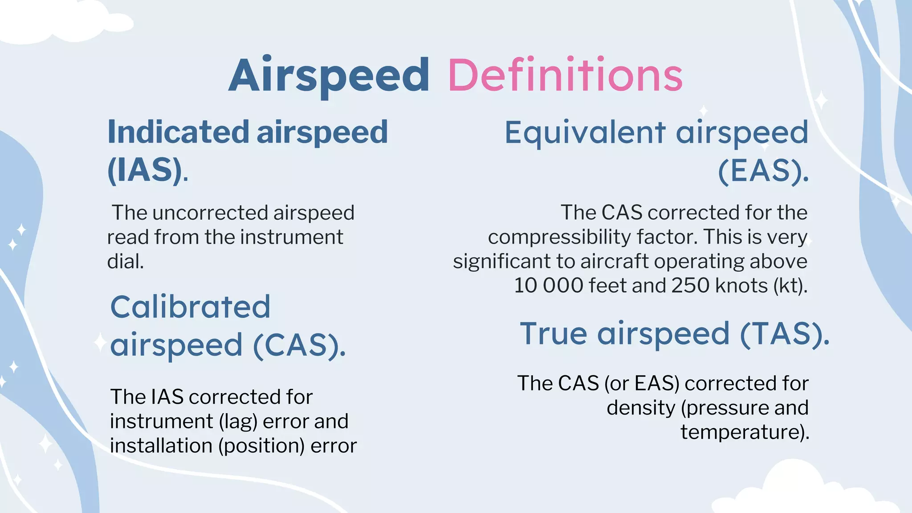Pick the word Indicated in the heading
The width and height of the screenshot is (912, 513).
click(178, 132)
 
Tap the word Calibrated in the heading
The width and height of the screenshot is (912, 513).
click(190, 307)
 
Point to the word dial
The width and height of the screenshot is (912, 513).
click(125, 261)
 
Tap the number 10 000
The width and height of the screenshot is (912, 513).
click(548, 285)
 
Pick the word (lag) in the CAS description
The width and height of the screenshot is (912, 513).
click(238, 422)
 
